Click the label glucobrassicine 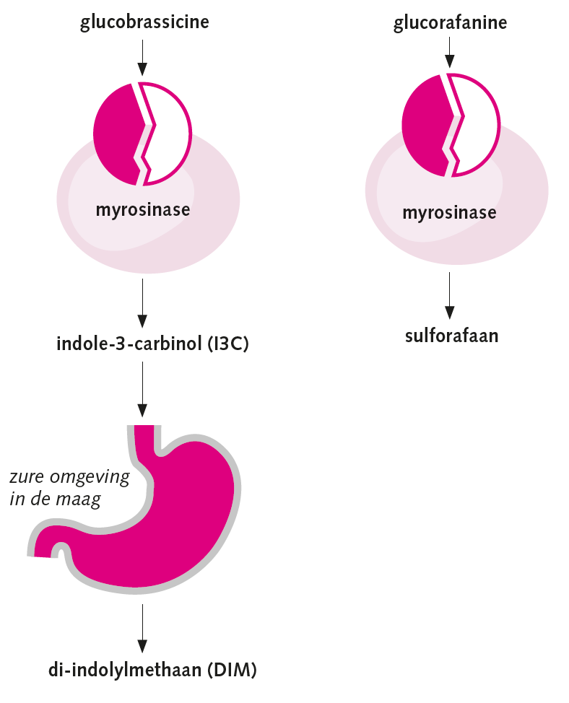(x=144, y=22)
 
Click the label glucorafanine (x=450, y=23)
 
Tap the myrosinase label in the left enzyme (x=143, y=210)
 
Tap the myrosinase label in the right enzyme (x=449, y=213)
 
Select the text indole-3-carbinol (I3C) (x=152, y=344)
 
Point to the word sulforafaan (x=451, y=336)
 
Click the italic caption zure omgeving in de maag (x=69, y=488)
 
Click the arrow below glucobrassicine (x=142, y=58)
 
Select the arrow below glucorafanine (x=449, y=54)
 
